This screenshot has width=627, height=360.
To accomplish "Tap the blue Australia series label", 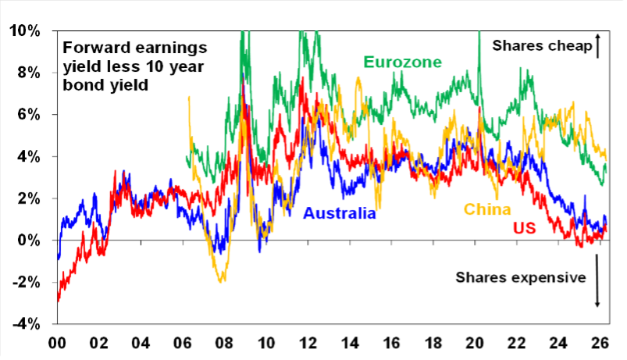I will [340, 212].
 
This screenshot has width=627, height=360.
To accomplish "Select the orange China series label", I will [487, 209].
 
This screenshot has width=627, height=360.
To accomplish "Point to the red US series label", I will [524, 230].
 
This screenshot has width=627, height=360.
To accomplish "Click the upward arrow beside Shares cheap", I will [597, 46].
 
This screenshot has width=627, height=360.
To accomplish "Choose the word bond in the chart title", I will [82, 84].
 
